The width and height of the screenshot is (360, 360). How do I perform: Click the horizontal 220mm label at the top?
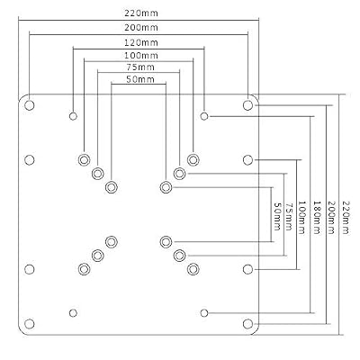point(141,13)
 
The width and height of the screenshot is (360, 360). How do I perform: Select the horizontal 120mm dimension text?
point(141,42)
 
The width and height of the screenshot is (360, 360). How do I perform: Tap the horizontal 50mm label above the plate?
point(140,79)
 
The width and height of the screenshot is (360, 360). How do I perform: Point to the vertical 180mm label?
point(317,217)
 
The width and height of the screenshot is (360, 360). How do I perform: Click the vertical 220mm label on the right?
point(346,217)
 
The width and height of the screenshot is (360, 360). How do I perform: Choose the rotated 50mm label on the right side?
point(278,217)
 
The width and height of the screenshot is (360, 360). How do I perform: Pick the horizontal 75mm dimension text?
point(140,67)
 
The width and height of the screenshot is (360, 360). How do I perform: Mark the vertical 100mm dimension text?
point(301,217)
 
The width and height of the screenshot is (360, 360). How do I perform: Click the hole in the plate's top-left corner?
point(30,105)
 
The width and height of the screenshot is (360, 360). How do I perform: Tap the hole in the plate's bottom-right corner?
point(247,324)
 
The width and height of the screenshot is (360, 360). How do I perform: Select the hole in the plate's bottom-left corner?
point(30,324)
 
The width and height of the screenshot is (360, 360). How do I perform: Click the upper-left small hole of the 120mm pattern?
point(73,116)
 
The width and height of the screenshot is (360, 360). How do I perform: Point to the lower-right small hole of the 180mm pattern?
point(204,313)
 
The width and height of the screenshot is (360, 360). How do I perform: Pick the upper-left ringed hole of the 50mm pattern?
point(112,187)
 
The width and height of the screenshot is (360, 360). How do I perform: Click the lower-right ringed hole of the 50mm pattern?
point(166,241)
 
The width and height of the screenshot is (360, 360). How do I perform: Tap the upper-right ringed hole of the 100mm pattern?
point(193,159)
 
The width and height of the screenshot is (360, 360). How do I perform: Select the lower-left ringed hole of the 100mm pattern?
point(84,269)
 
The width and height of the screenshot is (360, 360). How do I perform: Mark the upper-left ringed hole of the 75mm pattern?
point(97,174)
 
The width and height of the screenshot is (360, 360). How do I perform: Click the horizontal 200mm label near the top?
point(141,28)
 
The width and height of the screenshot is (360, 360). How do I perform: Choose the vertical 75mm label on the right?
point(288,217)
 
